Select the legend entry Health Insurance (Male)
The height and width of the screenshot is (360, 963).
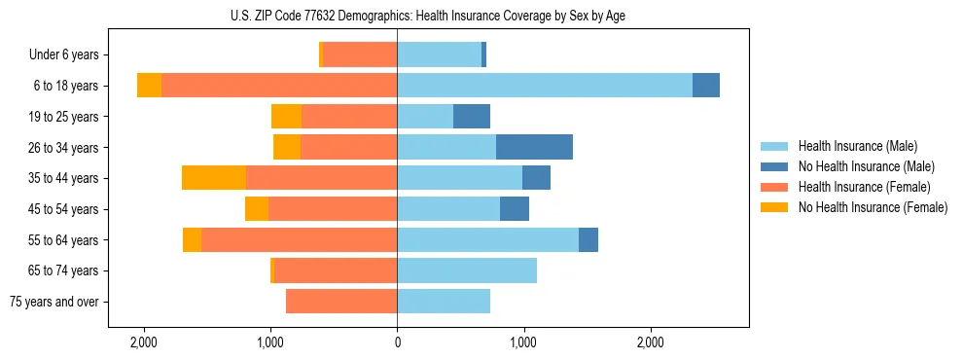[857, 146]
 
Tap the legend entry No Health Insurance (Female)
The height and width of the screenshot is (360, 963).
[873, 207]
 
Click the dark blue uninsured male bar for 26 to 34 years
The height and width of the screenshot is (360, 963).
[534, 148]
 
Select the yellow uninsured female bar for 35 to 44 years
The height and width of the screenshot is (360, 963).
[214, 178]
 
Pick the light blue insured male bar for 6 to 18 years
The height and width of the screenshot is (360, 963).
[545, 86]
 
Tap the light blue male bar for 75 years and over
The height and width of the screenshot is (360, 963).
[444, 302]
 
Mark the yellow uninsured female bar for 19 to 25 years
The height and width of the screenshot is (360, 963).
[286, 117]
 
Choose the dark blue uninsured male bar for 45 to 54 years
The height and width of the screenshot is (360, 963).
[515, 209]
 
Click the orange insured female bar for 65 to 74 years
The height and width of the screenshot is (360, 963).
[336, 270]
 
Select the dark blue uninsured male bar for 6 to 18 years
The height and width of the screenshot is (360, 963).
[706, 86]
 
